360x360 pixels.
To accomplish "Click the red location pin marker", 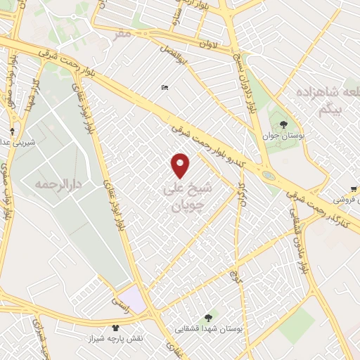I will pos(181,165).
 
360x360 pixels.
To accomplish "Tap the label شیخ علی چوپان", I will pos(182,198).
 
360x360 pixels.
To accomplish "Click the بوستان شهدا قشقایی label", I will pos(208,329).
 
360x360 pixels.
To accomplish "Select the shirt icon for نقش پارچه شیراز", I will pos(116,327).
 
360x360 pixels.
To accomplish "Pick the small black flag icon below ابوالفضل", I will pos(165,87).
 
